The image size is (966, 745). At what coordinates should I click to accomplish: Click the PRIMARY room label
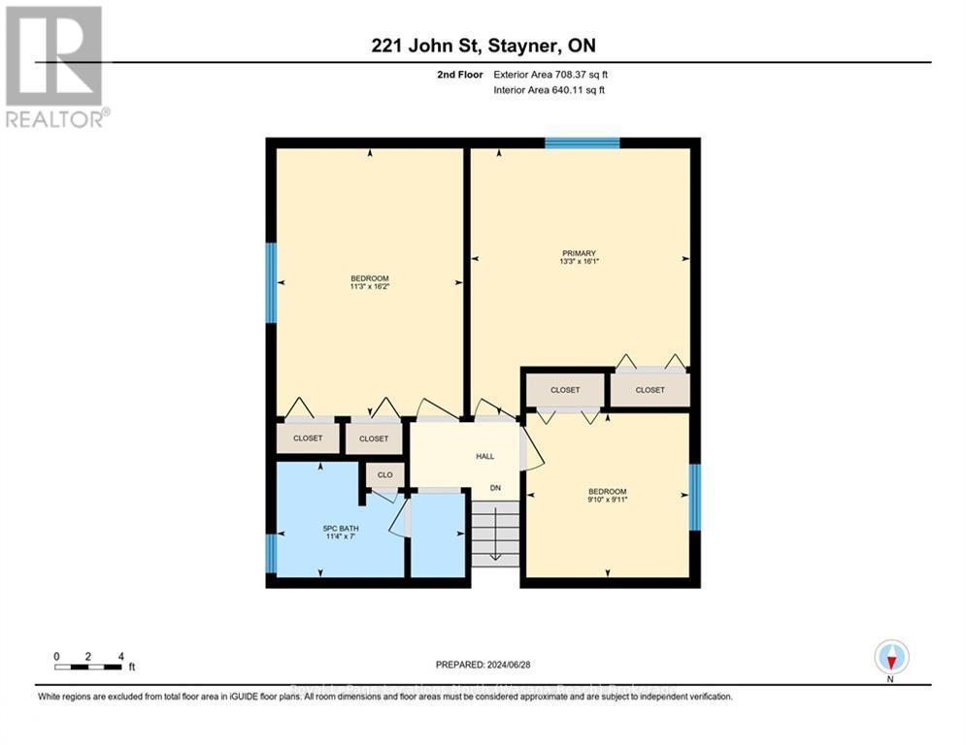coord(578,253)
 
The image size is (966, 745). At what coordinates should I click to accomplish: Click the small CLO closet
coord(384,475)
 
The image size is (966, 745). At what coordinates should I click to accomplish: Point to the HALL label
coord(485,455)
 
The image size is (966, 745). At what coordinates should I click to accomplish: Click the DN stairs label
coord(495,487)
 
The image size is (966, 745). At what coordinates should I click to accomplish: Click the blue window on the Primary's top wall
coord(582,144)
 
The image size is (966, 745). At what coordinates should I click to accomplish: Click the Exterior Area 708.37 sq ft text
coord(550,75)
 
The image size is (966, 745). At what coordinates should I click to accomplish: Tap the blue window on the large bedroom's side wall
coord(272,282)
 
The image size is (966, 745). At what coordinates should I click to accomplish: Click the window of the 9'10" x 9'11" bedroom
coord(694,497)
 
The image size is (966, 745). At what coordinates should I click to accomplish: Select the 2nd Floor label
coord(461,75)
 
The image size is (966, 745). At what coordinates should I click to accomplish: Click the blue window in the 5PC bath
coord(272,553)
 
